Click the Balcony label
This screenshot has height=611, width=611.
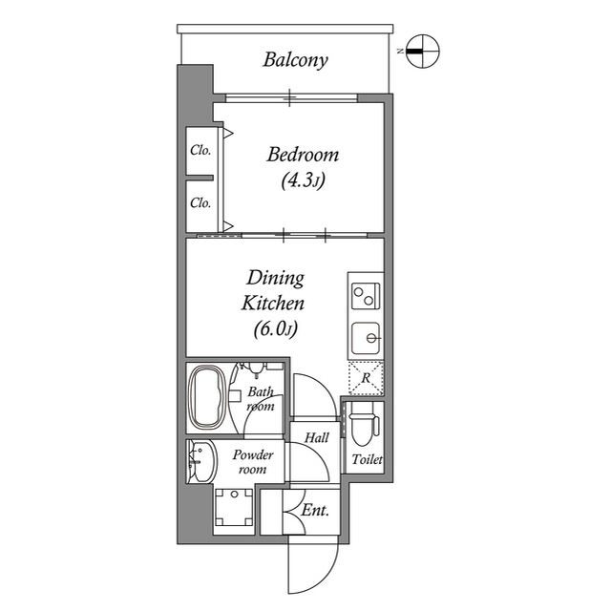pos(295,60)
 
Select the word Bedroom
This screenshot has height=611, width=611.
pos(303,155)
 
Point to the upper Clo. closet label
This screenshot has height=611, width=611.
pos(200,150)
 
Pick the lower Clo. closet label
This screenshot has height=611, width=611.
pos(200,202)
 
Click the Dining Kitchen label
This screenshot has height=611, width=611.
pos(276,291)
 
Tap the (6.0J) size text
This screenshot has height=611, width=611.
pos(276,330)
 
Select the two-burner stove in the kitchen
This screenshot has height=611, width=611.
pos(366,295)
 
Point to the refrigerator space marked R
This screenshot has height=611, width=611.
pos(365,378)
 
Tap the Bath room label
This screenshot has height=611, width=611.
pos(261,399)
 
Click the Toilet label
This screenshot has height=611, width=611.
pos(367,460)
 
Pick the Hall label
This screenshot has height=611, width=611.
pos(317,437)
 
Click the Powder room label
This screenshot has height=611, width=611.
pos(252,462)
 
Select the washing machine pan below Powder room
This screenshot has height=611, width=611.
pos(233,507)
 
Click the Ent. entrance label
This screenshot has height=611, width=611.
pos(316,511)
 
